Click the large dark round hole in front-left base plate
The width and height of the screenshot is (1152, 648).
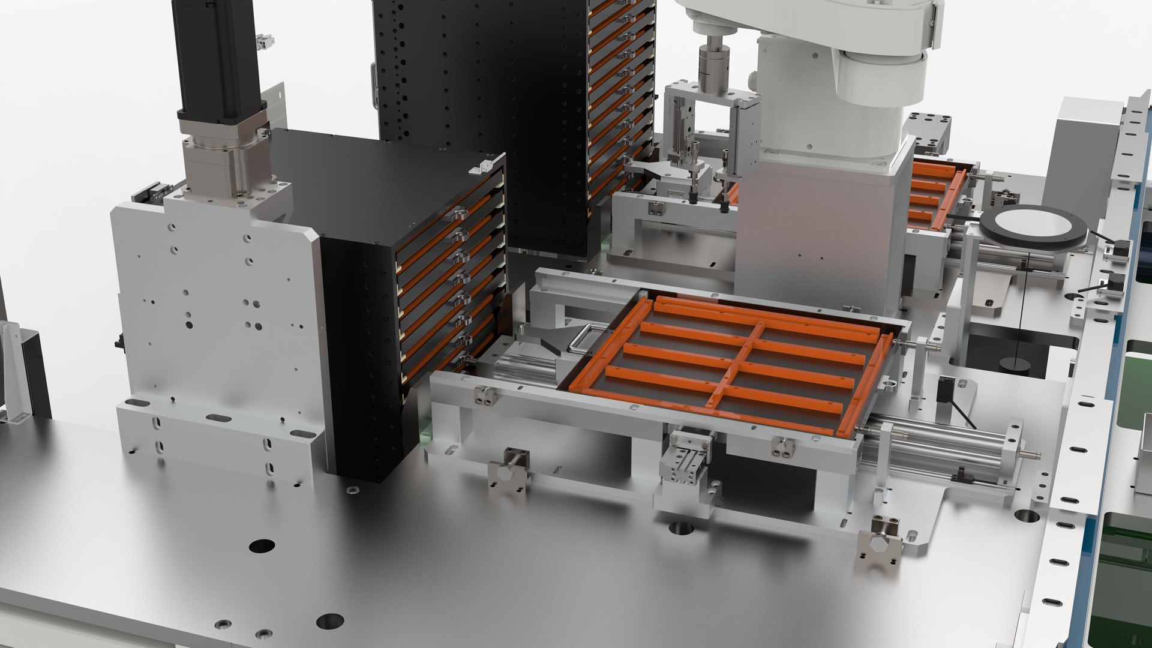[262, 546]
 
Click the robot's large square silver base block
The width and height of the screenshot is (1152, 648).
[822, 228]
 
